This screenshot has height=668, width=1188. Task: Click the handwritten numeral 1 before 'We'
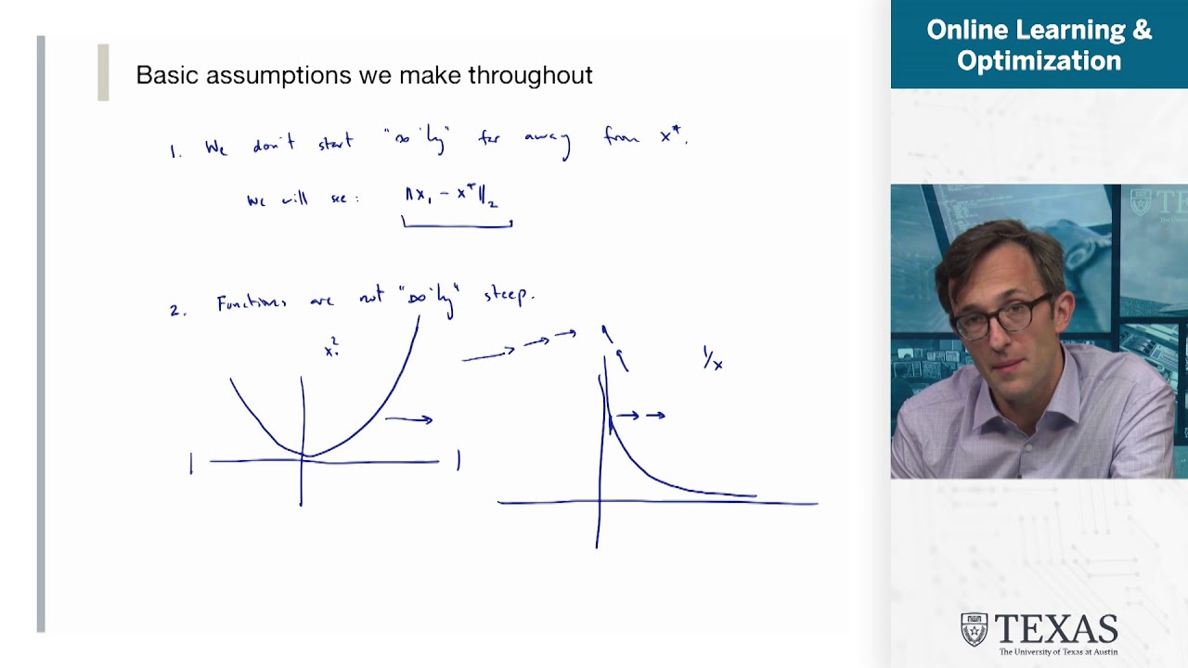(x=174, y=151)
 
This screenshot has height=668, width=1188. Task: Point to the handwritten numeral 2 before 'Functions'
(x=174, y=311)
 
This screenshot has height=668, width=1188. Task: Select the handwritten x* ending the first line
(x=673, y=136)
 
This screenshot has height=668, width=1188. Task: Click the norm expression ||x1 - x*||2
(x=452, y=196)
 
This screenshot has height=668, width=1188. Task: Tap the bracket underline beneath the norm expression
(x=457, y=223)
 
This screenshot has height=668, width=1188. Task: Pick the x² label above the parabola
(x=331, y=349)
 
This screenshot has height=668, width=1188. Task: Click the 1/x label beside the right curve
(x=713, y=360)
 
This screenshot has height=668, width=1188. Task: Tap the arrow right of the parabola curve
(x=409, y=420)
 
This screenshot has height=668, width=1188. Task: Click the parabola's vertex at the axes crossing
(x=304, y=456)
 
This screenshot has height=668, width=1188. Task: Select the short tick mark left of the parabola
(x=191, y=463)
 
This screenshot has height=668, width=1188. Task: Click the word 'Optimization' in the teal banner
(x=1039, y=61)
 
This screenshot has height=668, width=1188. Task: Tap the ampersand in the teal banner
(x=1142, y=30)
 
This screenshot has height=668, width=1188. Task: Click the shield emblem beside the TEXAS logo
(x=974, y=629)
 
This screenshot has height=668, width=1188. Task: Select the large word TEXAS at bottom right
(x=1055, y=629)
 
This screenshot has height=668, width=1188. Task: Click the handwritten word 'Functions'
(x=252, y=303)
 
